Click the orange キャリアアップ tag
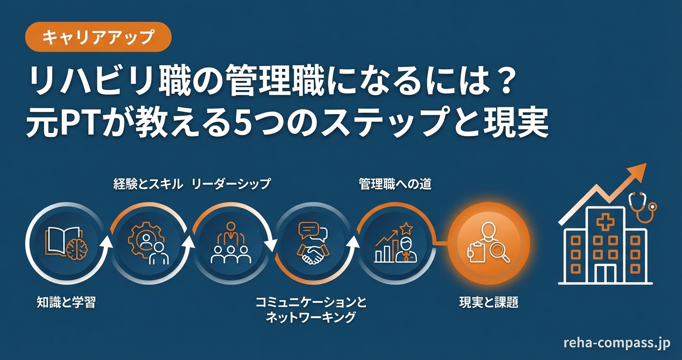tap(98, 37)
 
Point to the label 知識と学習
tap(66, 303)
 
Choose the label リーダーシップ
tap(231, 184)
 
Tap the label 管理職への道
tap(395, 184)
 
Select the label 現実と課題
tap(489, 303)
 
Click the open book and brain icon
tap(63, 244)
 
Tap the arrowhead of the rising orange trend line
tap(638, 170)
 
